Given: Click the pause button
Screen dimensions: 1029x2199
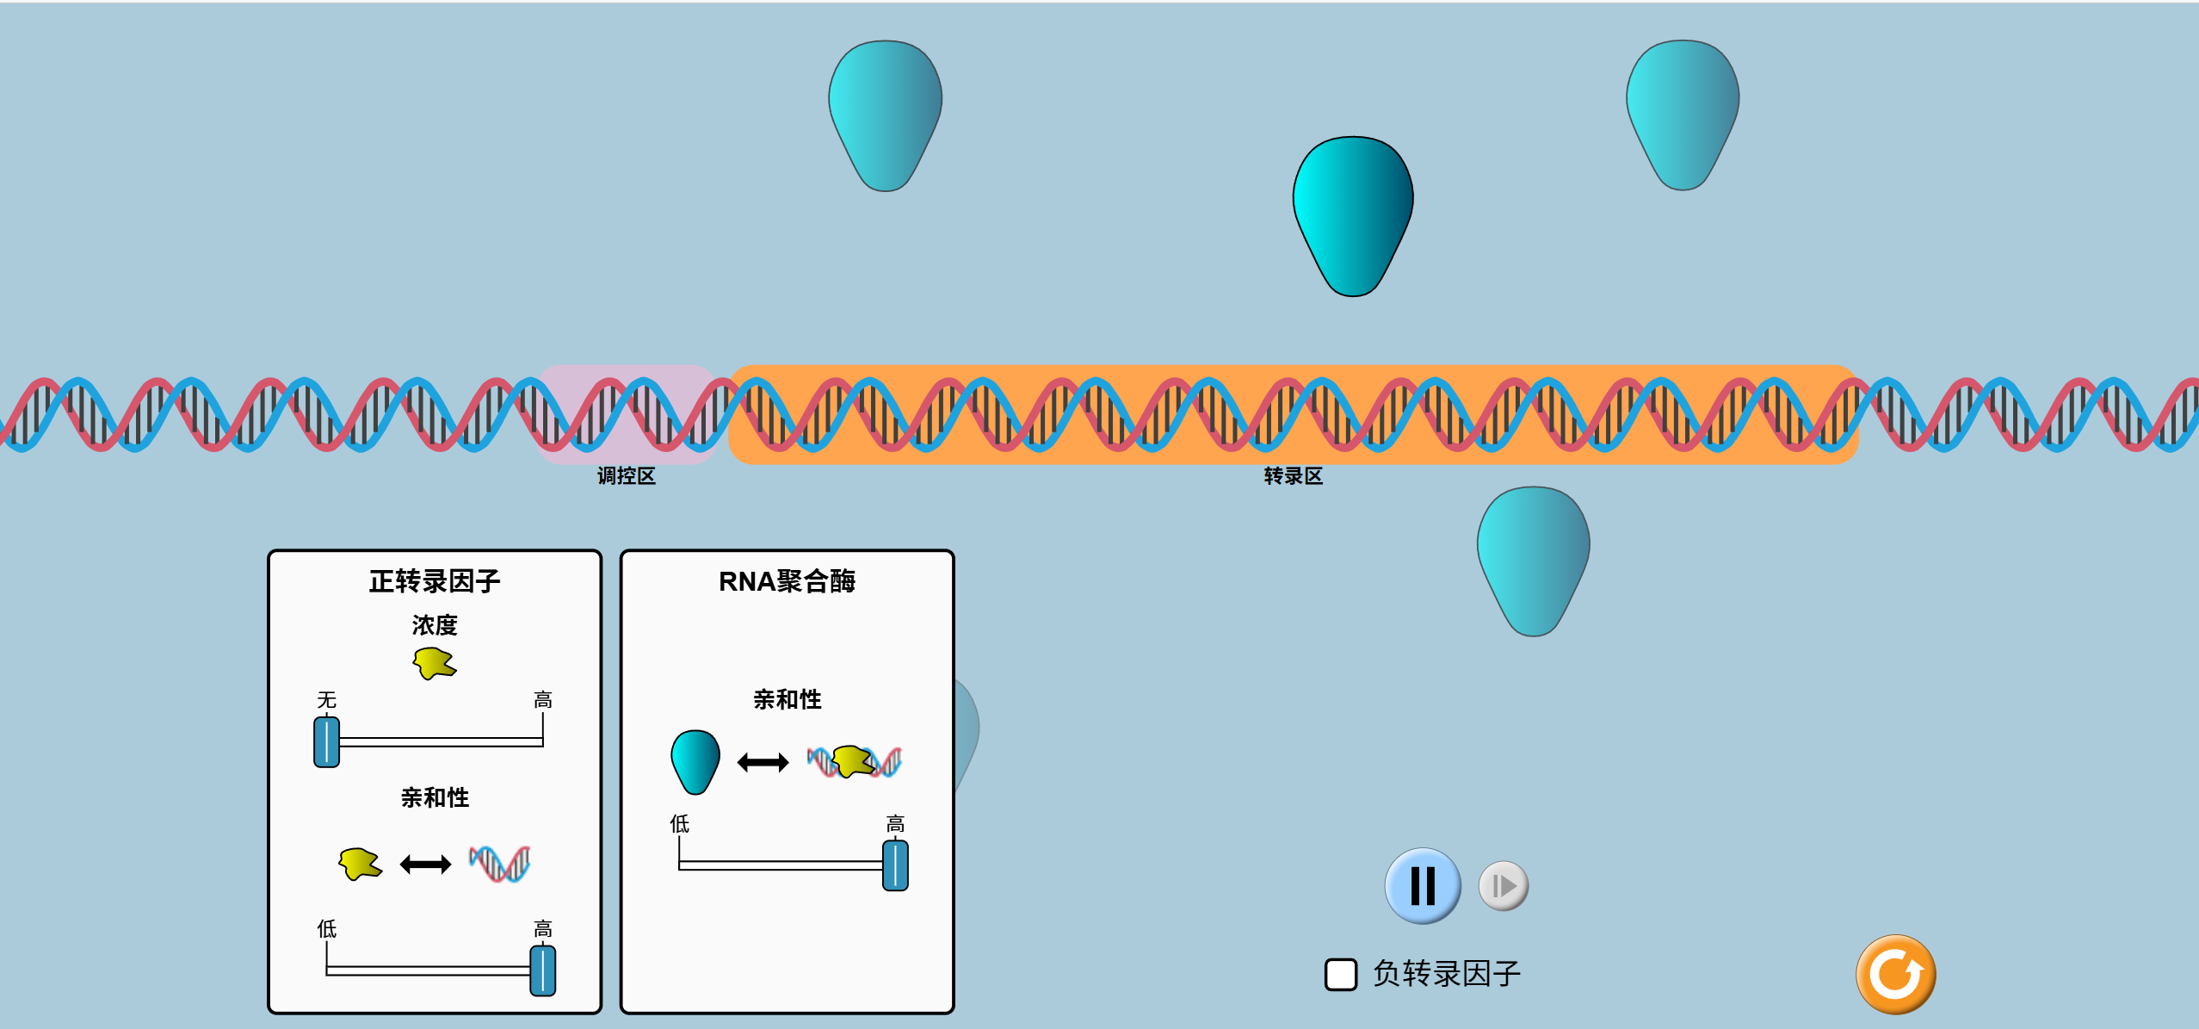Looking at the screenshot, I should pyautogui.click(x=1422, y=885).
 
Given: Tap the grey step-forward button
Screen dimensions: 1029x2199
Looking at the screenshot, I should pyautogui.click(x=1503, y=885).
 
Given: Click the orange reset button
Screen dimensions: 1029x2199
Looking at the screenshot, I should pyautogui.click(x=1895, y=974).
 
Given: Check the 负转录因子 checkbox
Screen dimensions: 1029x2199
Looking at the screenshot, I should pyautogui.click(x=1340, y=974).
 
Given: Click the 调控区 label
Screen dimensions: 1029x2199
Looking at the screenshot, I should pyautogui.click(x=626, y=476).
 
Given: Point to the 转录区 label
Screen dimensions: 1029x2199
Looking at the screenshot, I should pyautogui.click(x=1293, y=476).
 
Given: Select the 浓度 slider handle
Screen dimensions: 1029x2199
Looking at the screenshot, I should pyautogui.click(x=327, y=741).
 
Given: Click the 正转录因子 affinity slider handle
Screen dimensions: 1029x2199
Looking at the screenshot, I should pyautogui.click(x=542, y=970).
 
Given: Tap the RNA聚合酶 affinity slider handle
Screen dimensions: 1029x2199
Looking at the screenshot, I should pyautogui.click(x=895, y=865).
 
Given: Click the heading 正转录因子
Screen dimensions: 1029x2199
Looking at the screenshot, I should pyautogui.click(x=435, y=581).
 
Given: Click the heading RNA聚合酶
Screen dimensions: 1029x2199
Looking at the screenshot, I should pyautogui.click(x=787, y=581).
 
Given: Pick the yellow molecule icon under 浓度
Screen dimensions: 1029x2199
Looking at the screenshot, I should pyautogui.click(x=435, y=663).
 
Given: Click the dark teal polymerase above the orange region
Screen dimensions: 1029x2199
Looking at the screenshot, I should pyautogui.click(x=1352, y=215).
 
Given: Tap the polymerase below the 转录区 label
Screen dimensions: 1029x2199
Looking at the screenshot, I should pyautogui.click(x=1533, y=560).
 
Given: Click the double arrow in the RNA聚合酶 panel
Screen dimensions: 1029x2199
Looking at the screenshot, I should pyautogui.click(x=763, y=762).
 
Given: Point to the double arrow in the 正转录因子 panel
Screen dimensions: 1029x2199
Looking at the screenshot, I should pyautogui.click(x=425, y=864).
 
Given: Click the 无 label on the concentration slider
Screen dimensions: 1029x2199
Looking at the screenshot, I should pyautogui.click(x=326, y=699).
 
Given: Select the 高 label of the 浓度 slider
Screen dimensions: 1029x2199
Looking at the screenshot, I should pyautogui.click(x=542, y=699).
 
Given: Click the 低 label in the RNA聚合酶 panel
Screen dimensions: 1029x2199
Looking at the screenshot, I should pyautogui.click(x=679, y=824).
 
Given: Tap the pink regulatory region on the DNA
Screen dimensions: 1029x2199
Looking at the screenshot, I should pyautogui.click(x=626, y=413).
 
